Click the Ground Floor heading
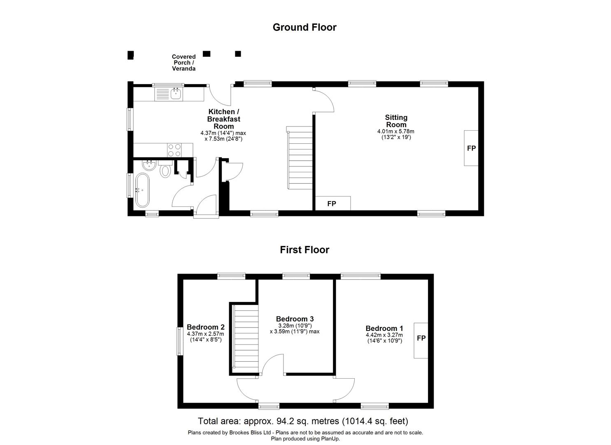click(x=304, y=27)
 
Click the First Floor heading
click(x=304, y=250)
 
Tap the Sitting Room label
click(x=396, y=121)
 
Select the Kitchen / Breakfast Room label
click(x=223, y=119)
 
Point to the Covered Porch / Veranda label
click(x=184, y=63)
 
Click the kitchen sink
click(x=176, y=94)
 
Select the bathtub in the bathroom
click(x=142, y=190)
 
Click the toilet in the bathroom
click(x=165, y=169)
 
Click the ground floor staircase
click(x=300, y=158)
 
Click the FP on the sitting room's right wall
click(x=471, y=148)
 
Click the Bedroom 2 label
click(x=205, y=328)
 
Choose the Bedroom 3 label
click(x=295, y=319)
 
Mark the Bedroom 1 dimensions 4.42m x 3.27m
click(x=384, y=335)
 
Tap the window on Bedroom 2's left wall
click(x=179, y=341)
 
